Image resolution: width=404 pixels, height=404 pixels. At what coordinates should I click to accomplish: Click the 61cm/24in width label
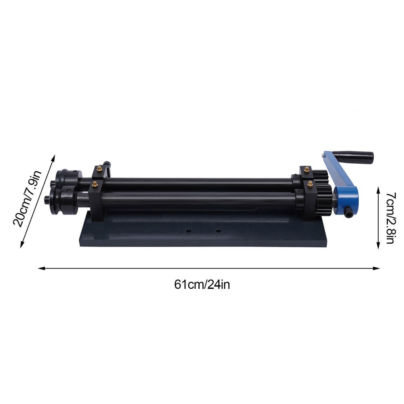click(x=202, y=284)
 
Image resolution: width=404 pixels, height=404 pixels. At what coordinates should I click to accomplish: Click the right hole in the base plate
click(x=218, y=231)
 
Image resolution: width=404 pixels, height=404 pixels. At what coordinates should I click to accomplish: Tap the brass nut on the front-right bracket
click(x=310, y=184)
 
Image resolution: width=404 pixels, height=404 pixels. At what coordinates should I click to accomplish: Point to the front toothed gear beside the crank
click(x=324, y=200)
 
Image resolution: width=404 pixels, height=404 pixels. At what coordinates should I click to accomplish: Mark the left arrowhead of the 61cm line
click(x=40, y=267)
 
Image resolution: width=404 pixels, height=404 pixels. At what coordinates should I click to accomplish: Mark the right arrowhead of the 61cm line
click(x=379, y=267)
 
